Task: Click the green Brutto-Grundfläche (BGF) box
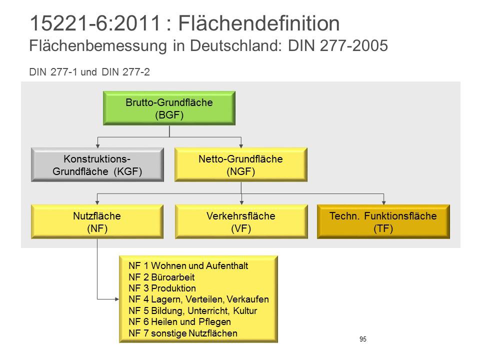[x=169, y=108]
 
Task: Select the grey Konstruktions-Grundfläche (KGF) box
[x=97, y=165]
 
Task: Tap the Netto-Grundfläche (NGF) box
[x=241, y=165]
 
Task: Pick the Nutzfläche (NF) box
[x=97, y=222]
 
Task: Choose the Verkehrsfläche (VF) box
[x=241, y=222]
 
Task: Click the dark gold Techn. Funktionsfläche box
[x=383, y=222]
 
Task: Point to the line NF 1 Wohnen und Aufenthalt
[x=188, y=265]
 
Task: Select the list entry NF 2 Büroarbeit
[x=161, y=277]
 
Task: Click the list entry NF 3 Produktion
[x=162, y=288]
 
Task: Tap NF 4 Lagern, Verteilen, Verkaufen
[x=198, y=299]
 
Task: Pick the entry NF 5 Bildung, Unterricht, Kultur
[x=193, y=310]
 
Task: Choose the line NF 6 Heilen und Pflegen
[x=179, y=322]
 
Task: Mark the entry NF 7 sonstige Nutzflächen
[x=183, y=333]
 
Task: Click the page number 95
[x=363, y=339]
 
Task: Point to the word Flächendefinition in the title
[x=259, y=23]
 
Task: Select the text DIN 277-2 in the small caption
[x=126, y=72]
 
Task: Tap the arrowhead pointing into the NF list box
[x=117, y=299]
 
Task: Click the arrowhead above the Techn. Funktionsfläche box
[x=383, y=203]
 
